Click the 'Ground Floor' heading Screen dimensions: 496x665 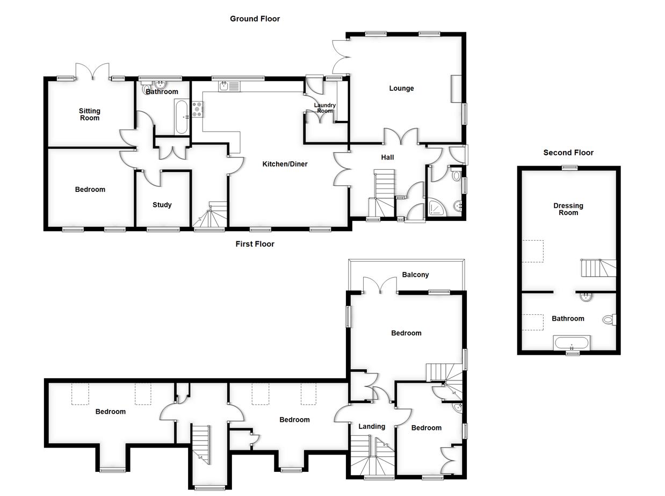pyautogui.click(x=255, y=19)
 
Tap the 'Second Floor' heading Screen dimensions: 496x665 pyautogui.click(x=568, y=153)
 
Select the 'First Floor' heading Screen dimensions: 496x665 pyautogui.click(x=255, y=244)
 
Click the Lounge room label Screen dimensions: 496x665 pyautogui.click(x=401, y=88)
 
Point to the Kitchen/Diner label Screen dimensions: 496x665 pyautogui.click(x=285, y=164)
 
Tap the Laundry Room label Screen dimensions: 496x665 pyautogui.click(x=324, y=108)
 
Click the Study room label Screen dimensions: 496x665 pyautogui.click(x=162, y=205)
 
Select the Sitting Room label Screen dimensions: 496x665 pyautogui.click(x=90, y=114)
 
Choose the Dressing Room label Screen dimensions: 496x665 pyautogui.click(x=568, y=209)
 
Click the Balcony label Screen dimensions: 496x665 pyautogui.click(x=415, y=275)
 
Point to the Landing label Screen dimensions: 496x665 pyautogui.click(x=372, y=426)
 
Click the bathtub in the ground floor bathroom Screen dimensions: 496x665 pyautogui.click(x=182, y=117)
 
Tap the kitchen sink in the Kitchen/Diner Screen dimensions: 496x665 pyautogui.click(x=229, y=85)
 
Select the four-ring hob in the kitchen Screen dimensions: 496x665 pyautogui.click(x=197, y=110)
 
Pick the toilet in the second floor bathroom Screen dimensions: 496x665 pyautogui.click(x=609, y=320)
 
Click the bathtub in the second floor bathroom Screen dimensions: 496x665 pyautogui.click(x=572, y=343)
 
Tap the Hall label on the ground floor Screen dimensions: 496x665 pyautogui.click(x=387, y=157)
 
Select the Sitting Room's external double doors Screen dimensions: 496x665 pyautogui.click(x=92, y=71)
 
